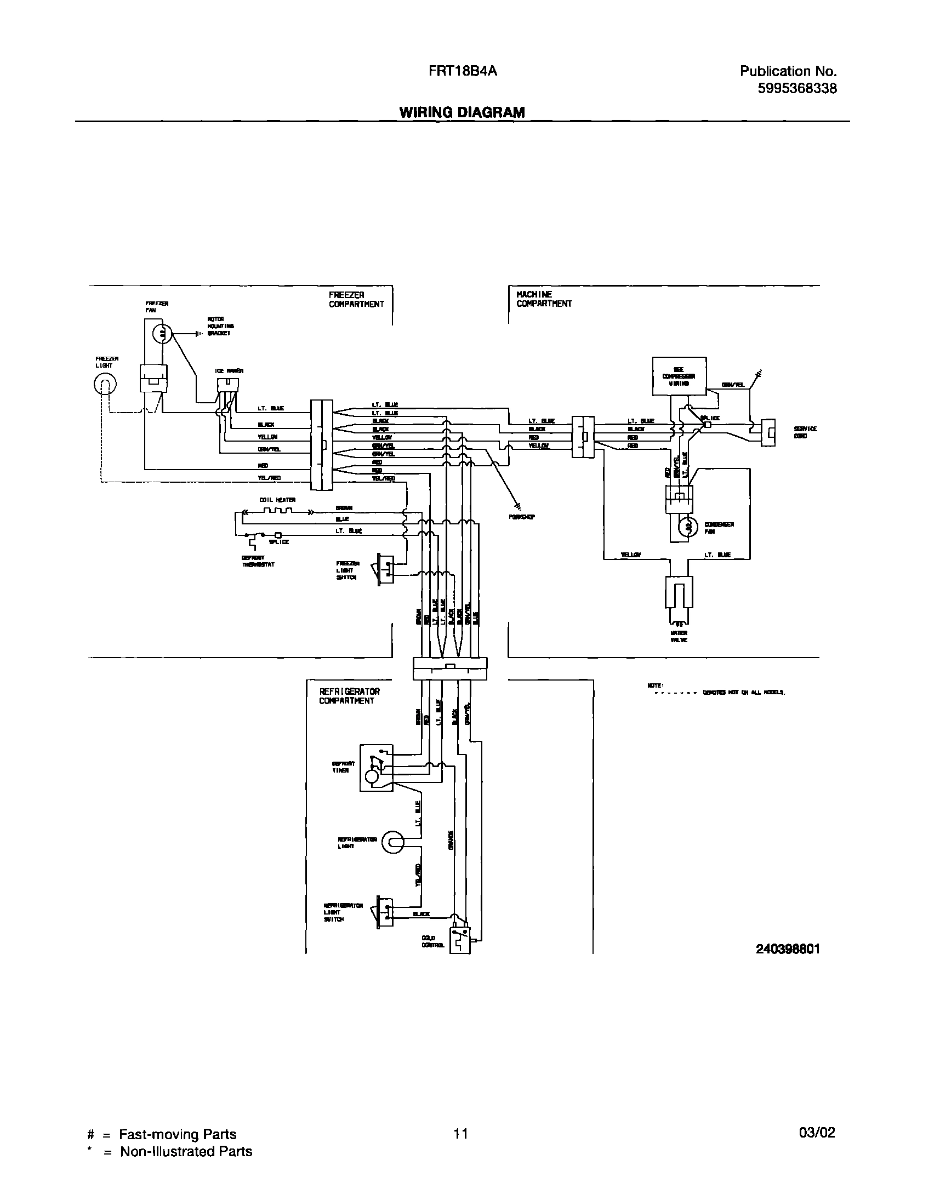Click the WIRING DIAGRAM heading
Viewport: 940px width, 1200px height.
pos(462,112)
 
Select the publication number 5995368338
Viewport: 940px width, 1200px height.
pos(797,88)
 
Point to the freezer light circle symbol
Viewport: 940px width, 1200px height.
pos(105,386)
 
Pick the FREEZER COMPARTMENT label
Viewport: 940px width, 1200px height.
pos(356,299)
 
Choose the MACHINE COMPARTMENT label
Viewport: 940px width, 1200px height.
pos(544,299)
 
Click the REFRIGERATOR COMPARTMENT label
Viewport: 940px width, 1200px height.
pos(350,696)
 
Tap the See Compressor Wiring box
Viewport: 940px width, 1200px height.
pos(679,376)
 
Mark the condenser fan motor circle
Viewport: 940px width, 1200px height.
pos(687,528)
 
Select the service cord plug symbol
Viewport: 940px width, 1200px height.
pos(768,433)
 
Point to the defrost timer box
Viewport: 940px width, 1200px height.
pos(376,768)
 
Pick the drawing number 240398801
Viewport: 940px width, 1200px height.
pos(788,949)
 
